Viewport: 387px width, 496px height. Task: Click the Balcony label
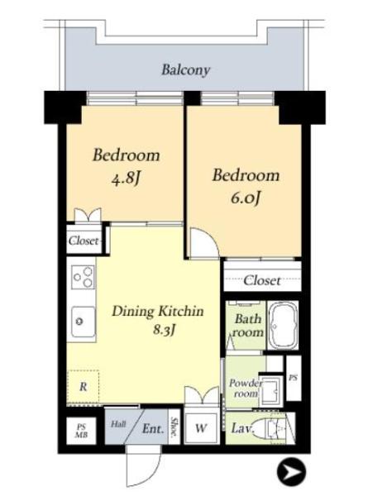185,70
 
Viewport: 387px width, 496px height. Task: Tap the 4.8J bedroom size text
126,179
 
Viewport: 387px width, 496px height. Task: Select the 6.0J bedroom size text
246,198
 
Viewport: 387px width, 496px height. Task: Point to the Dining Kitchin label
158,312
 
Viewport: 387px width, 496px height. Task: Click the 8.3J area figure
165,330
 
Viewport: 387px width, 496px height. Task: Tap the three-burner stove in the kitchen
83,277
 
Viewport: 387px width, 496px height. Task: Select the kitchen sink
84,322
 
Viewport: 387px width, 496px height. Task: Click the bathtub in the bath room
283,325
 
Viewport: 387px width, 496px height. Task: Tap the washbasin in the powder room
270,391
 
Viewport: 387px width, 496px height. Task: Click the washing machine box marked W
201,428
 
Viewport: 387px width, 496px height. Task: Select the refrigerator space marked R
83,387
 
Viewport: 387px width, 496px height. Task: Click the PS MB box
81,431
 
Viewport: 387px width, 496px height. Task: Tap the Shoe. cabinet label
174,427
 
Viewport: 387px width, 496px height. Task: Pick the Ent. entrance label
153,429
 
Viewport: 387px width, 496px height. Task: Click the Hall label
118,424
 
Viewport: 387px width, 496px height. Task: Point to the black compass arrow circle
291,472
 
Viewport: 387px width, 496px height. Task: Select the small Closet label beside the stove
84,241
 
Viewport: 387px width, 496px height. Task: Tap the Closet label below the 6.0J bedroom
262,280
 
